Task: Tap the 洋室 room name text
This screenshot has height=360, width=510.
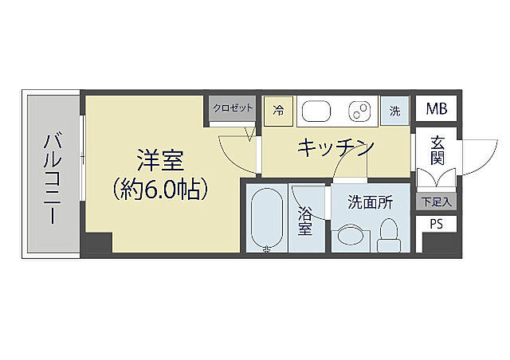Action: [160, 161]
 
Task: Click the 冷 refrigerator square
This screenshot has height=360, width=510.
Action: [278, 110]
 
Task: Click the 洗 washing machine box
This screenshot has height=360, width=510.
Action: [394, 111]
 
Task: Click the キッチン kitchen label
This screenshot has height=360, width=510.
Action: [335, 147]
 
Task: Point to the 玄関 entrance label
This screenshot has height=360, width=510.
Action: [437, 150]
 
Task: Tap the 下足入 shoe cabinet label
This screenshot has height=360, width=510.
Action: [435, 202]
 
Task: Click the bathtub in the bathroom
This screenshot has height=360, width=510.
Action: [267, 218]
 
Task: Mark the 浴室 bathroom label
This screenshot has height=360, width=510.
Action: [305, 221]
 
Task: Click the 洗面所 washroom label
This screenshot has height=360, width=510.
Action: [370, 203]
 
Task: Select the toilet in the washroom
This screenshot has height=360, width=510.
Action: [390, 233]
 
